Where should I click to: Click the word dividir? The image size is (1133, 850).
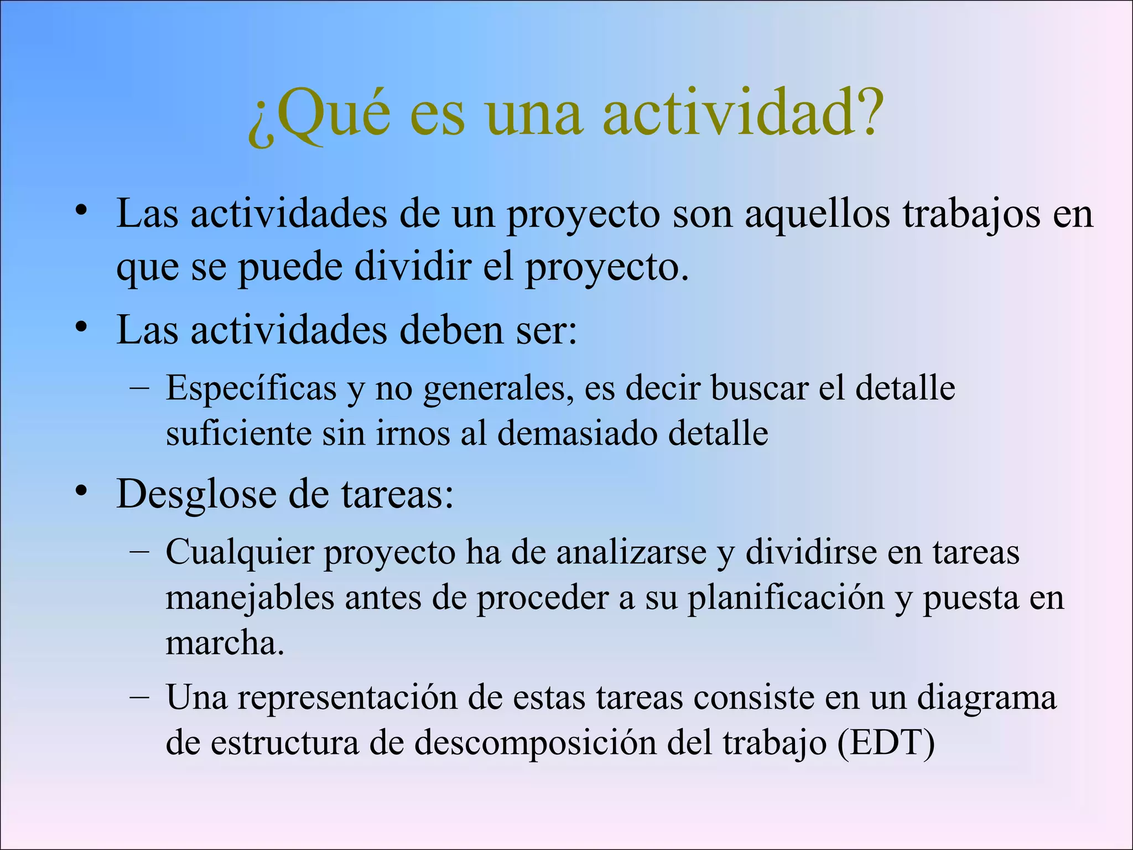[413, 268]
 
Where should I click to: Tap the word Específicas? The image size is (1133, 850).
[252, 388]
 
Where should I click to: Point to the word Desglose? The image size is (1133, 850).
[196, 494]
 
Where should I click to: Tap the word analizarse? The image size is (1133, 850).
[631, 553]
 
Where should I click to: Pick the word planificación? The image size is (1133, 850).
[786, 599]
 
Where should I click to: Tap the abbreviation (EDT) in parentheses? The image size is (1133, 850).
[886, 743]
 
